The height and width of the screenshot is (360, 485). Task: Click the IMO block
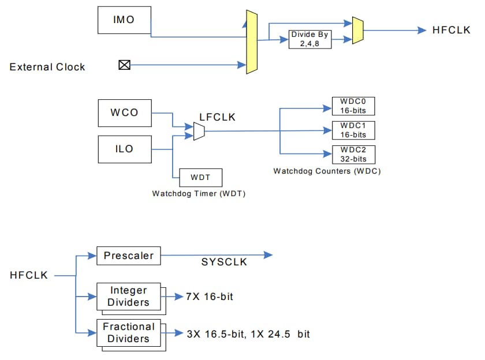pyautogui.click(x=124, y=20)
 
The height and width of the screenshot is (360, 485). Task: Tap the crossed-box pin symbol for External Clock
pyautogui.click(x=124, y=65)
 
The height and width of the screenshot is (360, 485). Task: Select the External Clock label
pyautogui.click(x=47, y=67)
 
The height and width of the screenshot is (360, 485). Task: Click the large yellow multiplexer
pyautogui.click(x=251, y=42)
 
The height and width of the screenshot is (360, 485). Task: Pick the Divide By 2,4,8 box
pyautogui.click(x=310, y=39)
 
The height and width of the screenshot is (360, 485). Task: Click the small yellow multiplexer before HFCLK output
pyautogui.click(x=357, y=30)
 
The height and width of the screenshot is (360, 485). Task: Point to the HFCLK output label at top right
pyautogui.click(x=452, y=30)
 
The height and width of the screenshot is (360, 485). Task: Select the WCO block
pyautogui.click(x=124, y=112)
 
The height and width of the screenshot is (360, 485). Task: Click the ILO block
pyautogui.click(x=124, y=149)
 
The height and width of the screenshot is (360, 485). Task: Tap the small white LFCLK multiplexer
pyautogui.click(x=199, y=131)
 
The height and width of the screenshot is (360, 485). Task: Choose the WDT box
pyautogui.click(x=200, y=177)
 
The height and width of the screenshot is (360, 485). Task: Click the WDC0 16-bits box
pyautogui.click(x=353, y=106)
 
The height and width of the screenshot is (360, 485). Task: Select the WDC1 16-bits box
pyautogui.click(x=353, y=130)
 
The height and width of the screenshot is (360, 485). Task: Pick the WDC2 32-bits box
pyautogui.click(x=353, y=154)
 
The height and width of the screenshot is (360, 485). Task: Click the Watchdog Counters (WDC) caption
pyautogui.click(x=327, y=171)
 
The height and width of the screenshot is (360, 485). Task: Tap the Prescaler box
pyautogui.click(x=129, y=255)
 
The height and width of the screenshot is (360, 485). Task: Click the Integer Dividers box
pyautogui.click(x=129, y=296)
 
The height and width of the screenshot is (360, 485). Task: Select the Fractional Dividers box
pyautogui.click(x=129, y=332)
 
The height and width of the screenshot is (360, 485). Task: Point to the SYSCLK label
pyautogui.click(x=224, y=262)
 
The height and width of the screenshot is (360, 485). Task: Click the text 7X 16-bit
pyautogui.click(x=210, y=297)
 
